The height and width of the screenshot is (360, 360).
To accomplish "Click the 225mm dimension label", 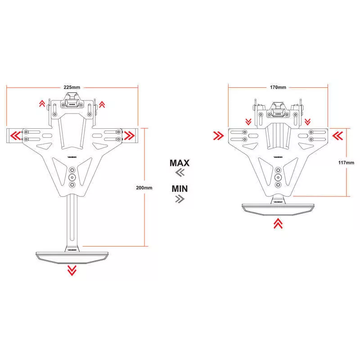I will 72,87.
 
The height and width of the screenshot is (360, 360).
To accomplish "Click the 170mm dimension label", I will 278,87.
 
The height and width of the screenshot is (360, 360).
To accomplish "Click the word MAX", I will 180,163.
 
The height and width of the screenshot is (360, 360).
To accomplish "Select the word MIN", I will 180,188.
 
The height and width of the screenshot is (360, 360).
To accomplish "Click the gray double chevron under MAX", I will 180,173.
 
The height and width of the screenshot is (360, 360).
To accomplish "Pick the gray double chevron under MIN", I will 180,198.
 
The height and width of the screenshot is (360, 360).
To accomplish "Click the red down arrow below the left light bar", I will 72,270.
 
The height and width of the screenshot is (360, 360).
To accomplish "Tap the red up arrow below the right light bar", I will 278,223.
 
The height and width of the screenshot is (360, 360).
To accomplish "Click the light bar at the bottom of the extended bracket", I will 72,256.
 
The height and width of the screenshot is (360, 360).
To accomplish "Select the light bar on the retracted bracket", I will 278,208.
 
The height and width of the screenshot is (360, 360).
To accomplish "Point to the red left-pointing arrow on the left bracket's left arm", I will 15,135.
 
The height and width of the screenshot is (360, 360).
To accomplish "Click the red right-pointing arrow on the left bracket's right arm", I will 130,135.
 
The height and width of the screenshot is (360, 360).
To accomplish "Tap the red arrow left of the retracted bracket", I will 219,135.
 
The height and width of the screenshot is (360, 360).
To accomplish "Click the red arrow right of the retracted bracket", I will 337,135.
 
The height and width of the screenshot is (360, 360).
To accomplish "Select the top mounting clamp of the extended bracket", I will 72,100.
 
